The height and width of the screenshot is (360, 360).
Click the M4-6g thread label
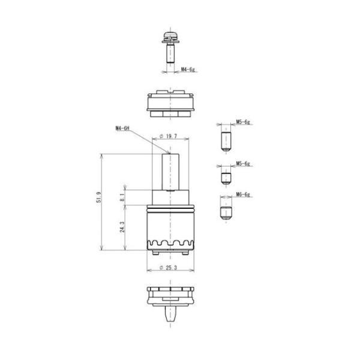(188, 69)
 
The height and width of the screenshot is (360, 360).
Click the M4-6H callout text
(122, 128)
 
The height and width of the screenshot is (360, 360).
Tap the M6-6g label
(243, 194)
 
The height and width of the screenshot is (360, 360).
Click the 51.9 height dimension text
(98, 197)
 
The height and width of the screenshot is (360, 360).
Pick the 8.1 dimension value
(122, 197)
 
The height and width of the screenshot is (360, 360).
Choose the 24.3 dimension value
(122, 227)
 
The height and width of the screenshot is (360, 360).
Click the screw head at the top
(170, 38)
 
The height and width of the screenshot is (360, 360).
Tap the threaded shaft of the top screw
(170, 53)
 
